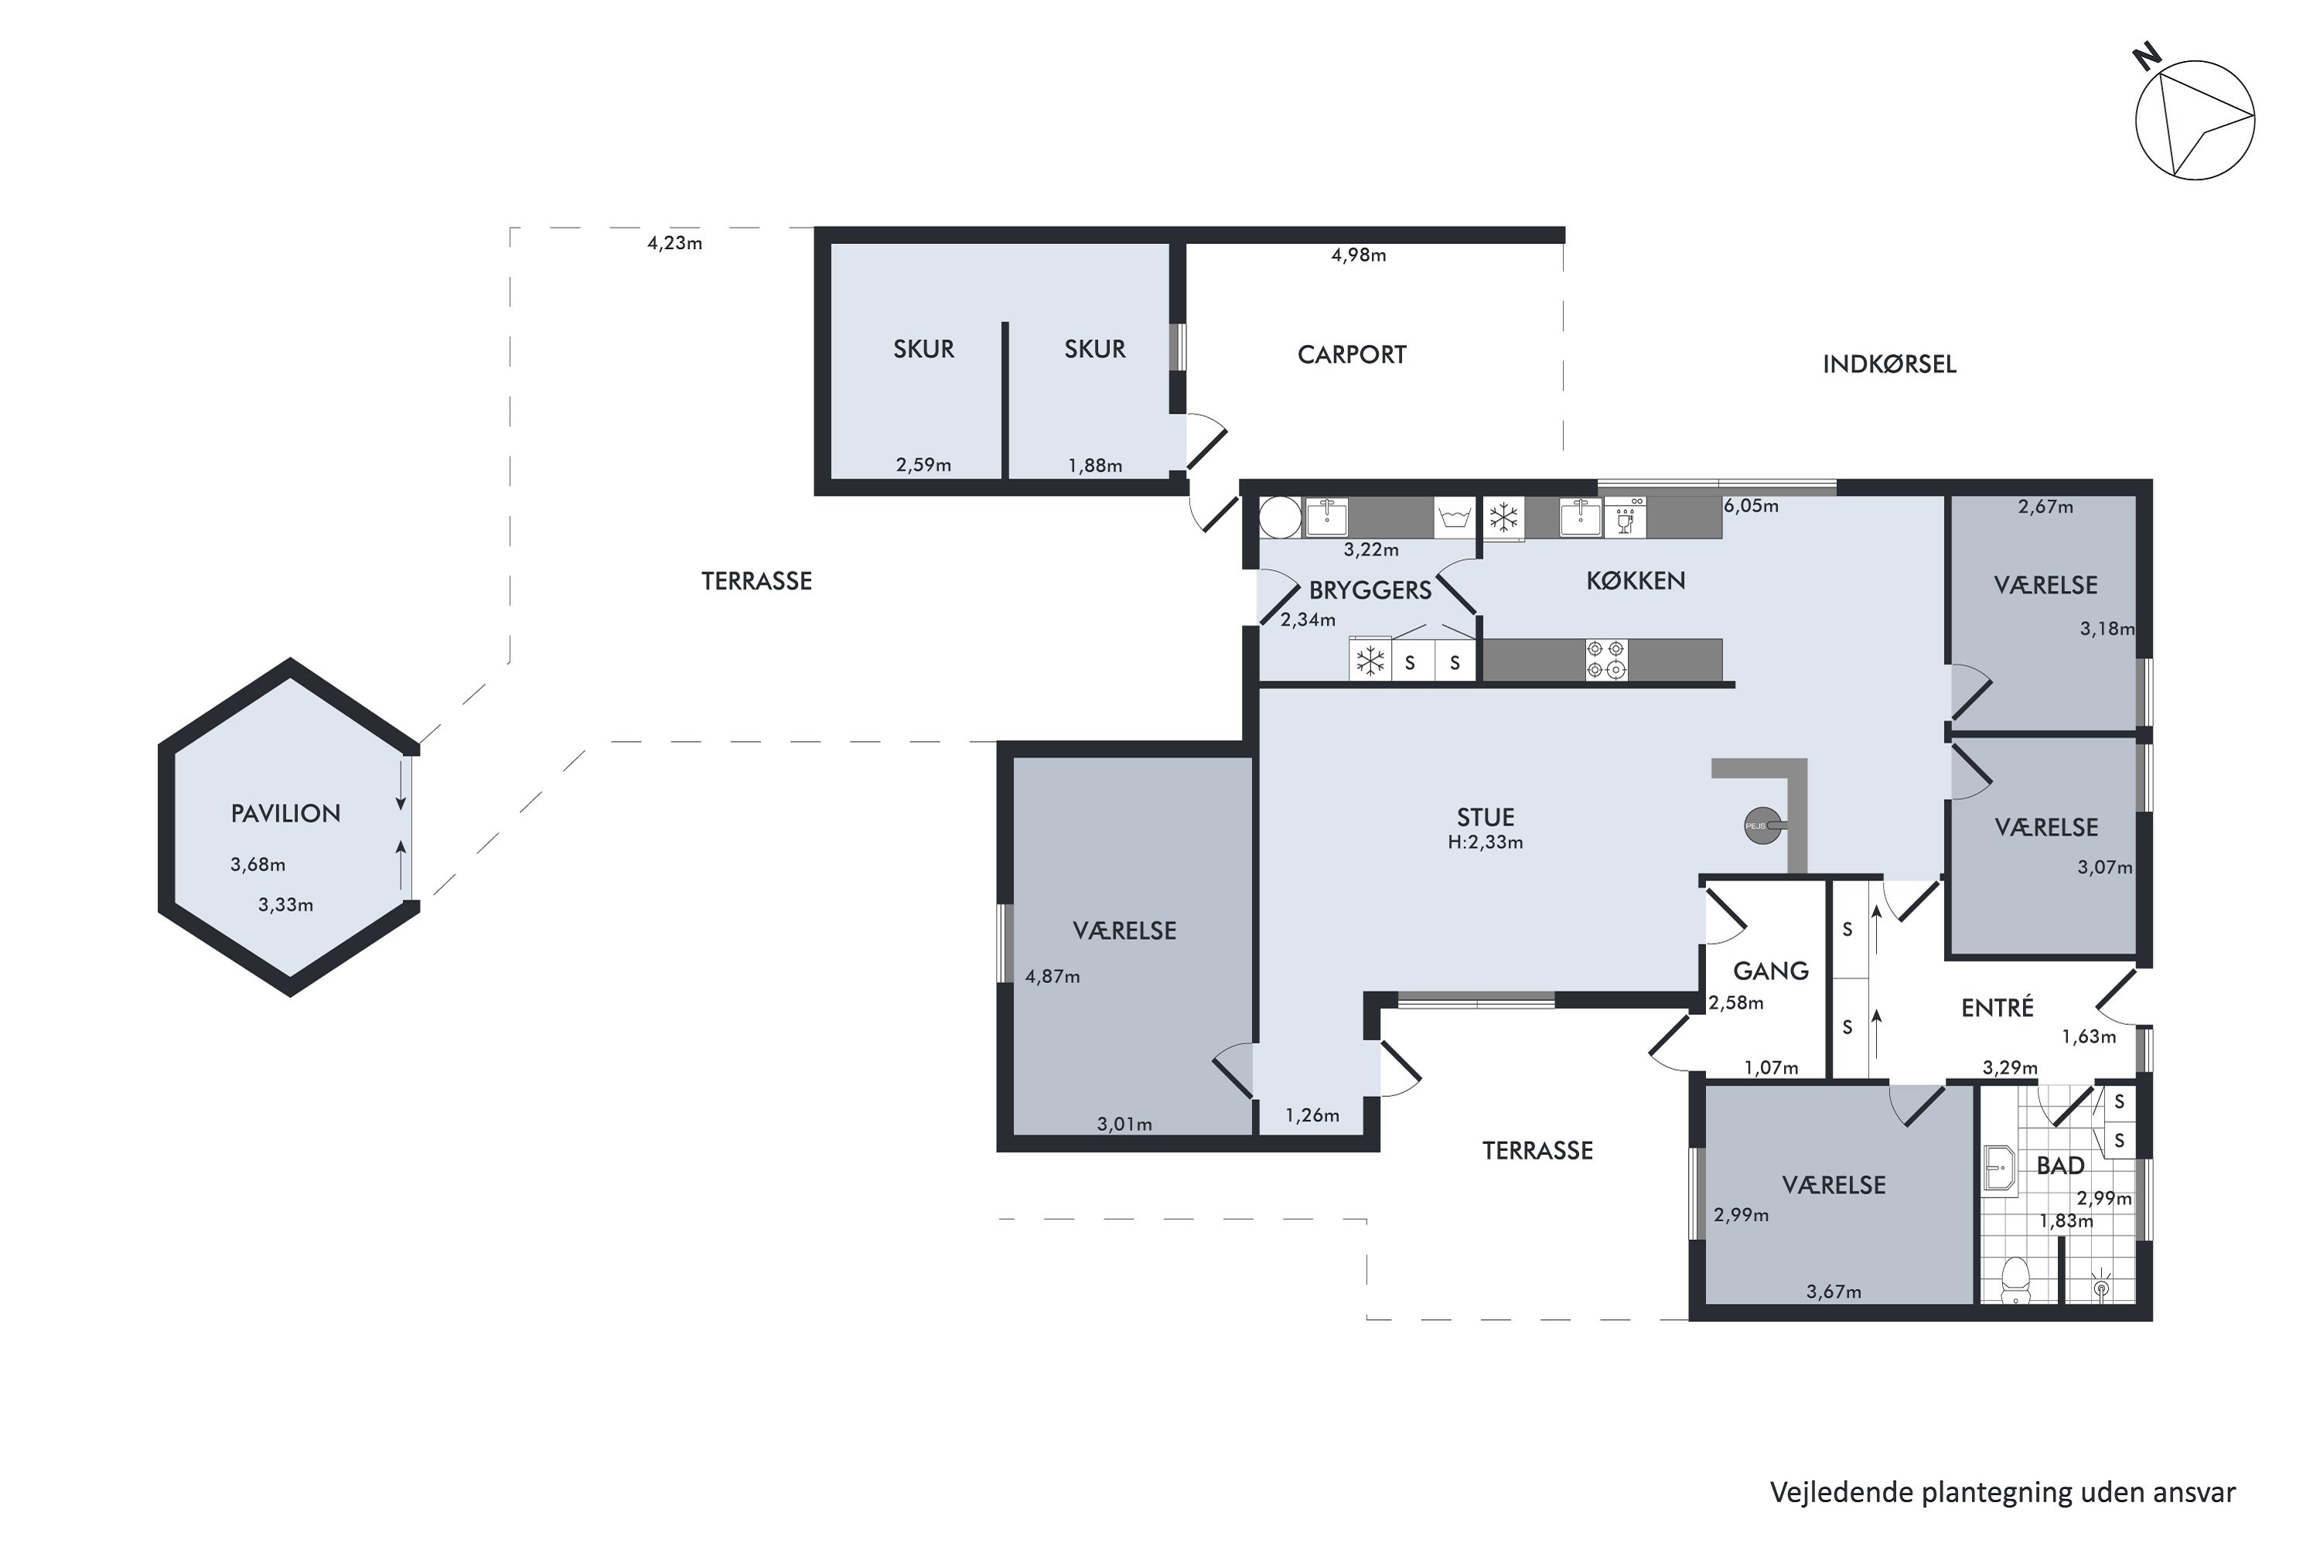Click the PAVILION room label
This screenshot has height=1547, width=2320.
coord(285,814)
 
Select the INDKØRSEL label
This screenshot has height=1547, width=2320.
coord(1889,364)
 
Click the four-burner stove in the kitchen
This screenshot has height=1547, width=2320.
coord(1606,659)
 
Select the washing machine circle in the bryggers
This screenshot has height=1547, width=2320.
coord(1281,517)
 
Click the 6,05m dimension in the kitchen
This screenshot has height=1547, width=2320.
coord(1751,506)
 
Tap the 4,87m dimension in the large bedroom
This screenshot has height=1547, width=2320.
coord(1053,977)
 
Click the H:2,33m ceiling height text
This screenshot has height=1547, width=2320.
coord(1486,842)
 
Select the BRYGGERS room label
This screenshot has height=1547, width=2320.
coord(1370,590)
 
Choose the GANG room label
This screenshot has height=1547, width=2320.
coord(1771,971)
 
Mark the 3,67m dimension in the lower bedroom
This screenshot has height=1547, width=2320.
coord(1834,1292)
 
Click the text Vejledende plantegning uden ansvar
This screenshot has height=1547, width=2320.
coord(2002,1493)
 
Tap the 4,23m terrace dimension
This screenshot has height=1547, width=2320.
coord(674,243)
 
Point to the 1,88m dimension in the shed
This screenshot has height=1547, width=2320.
coord(1095,466)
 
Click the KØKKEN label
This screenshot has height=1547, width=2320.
coord(1636,581)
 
